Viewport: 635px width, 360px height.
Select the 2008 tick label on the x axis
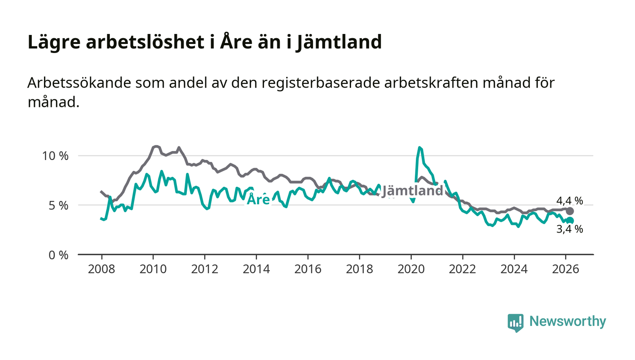point(102,269)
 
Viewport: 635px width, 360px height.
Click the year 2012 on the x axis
point(205,269)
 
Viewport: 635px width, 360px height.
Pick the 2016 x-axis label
point(308,269)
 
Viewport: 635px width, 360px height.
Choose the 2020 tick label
point(411,269)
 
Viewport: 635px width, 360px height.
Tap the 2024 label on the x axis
point(514,269)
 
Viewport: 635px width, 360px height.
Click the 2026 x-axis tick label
point(566,269)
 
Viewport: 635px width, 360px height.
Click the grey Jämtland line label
point(412,191)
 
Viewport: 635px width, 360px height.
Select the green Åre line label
point(258,199)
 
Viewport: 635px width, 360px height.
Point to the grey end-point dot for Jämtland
point(570,211)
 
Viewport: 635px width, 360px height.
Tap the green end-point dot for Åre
point(570,220)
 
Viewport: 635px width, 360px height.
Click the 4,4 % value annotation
point(570,201)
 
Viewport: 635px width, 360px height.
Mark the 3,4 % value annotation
point(570,230)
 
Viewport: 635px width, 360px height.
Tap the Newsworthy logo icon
point(515,322)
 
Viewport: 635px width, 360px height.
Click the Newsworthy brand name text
point(567,321)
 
